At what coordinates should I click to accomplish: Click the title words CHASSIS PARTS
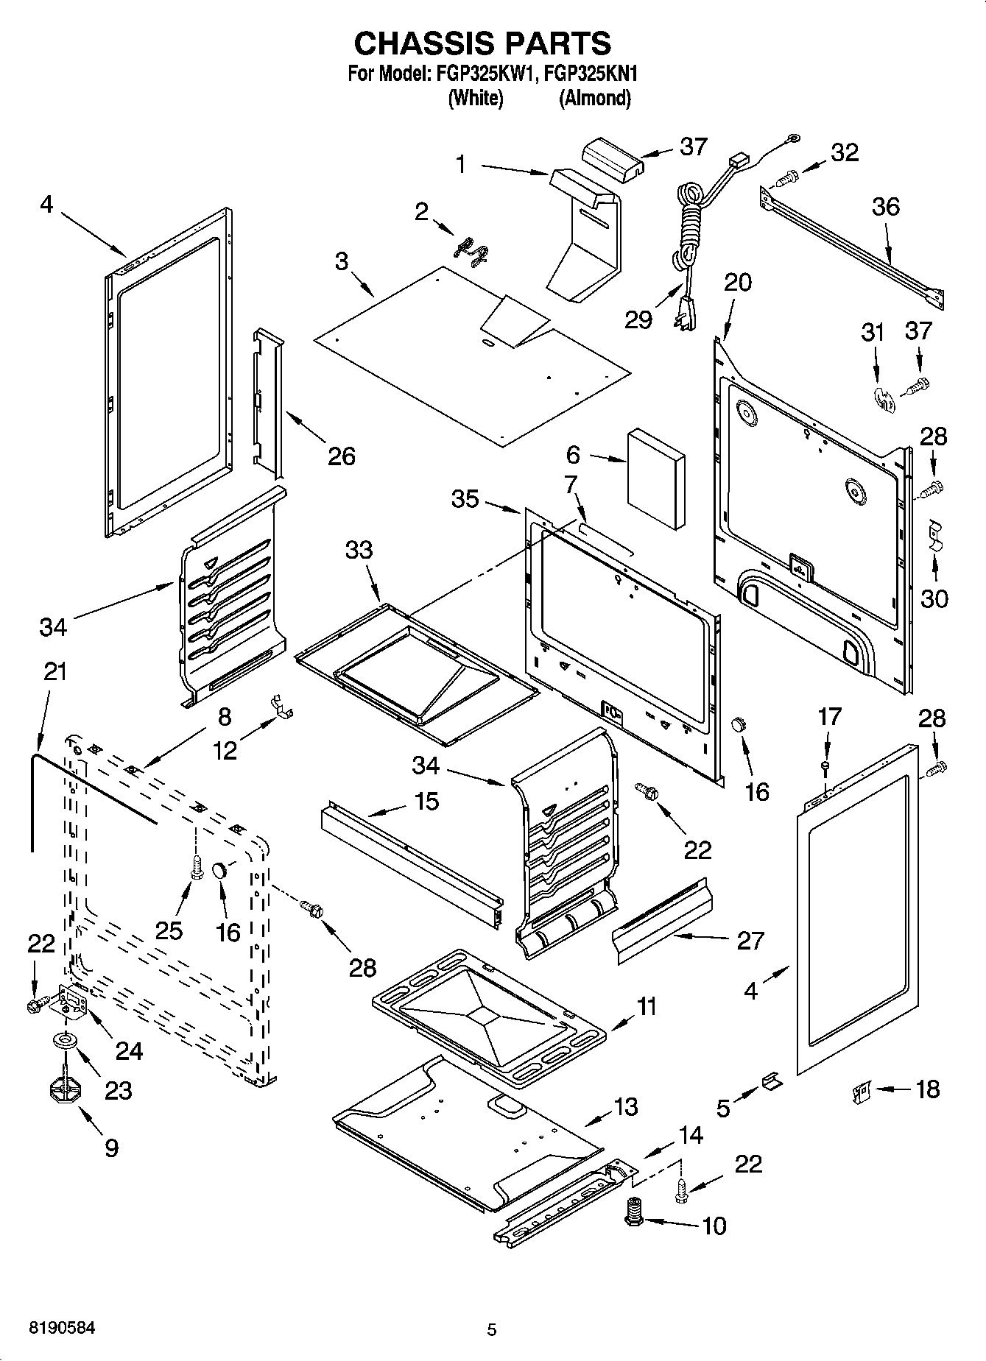click(482, 43)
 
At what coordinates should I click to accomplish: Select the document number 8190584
click(62, 1328)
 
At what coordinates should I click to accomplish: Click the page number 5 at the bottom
click(492, 1329)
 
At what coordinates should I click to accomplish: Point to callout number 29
click(638, 319)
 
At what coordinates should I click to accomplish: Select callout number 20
click(738, 282)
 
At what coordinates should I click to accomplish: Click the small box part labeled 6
click(655, 478)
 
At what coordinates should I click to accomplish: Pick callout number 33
click(359, 550)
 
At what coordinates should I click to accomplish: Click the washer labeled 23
click(65, 1041)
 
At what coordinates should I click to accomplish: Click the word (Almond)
click(595, 98)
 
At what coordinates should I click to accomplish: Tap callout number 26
click(341, 456)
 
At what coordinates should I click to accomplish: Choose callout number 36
click(885, 206)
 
